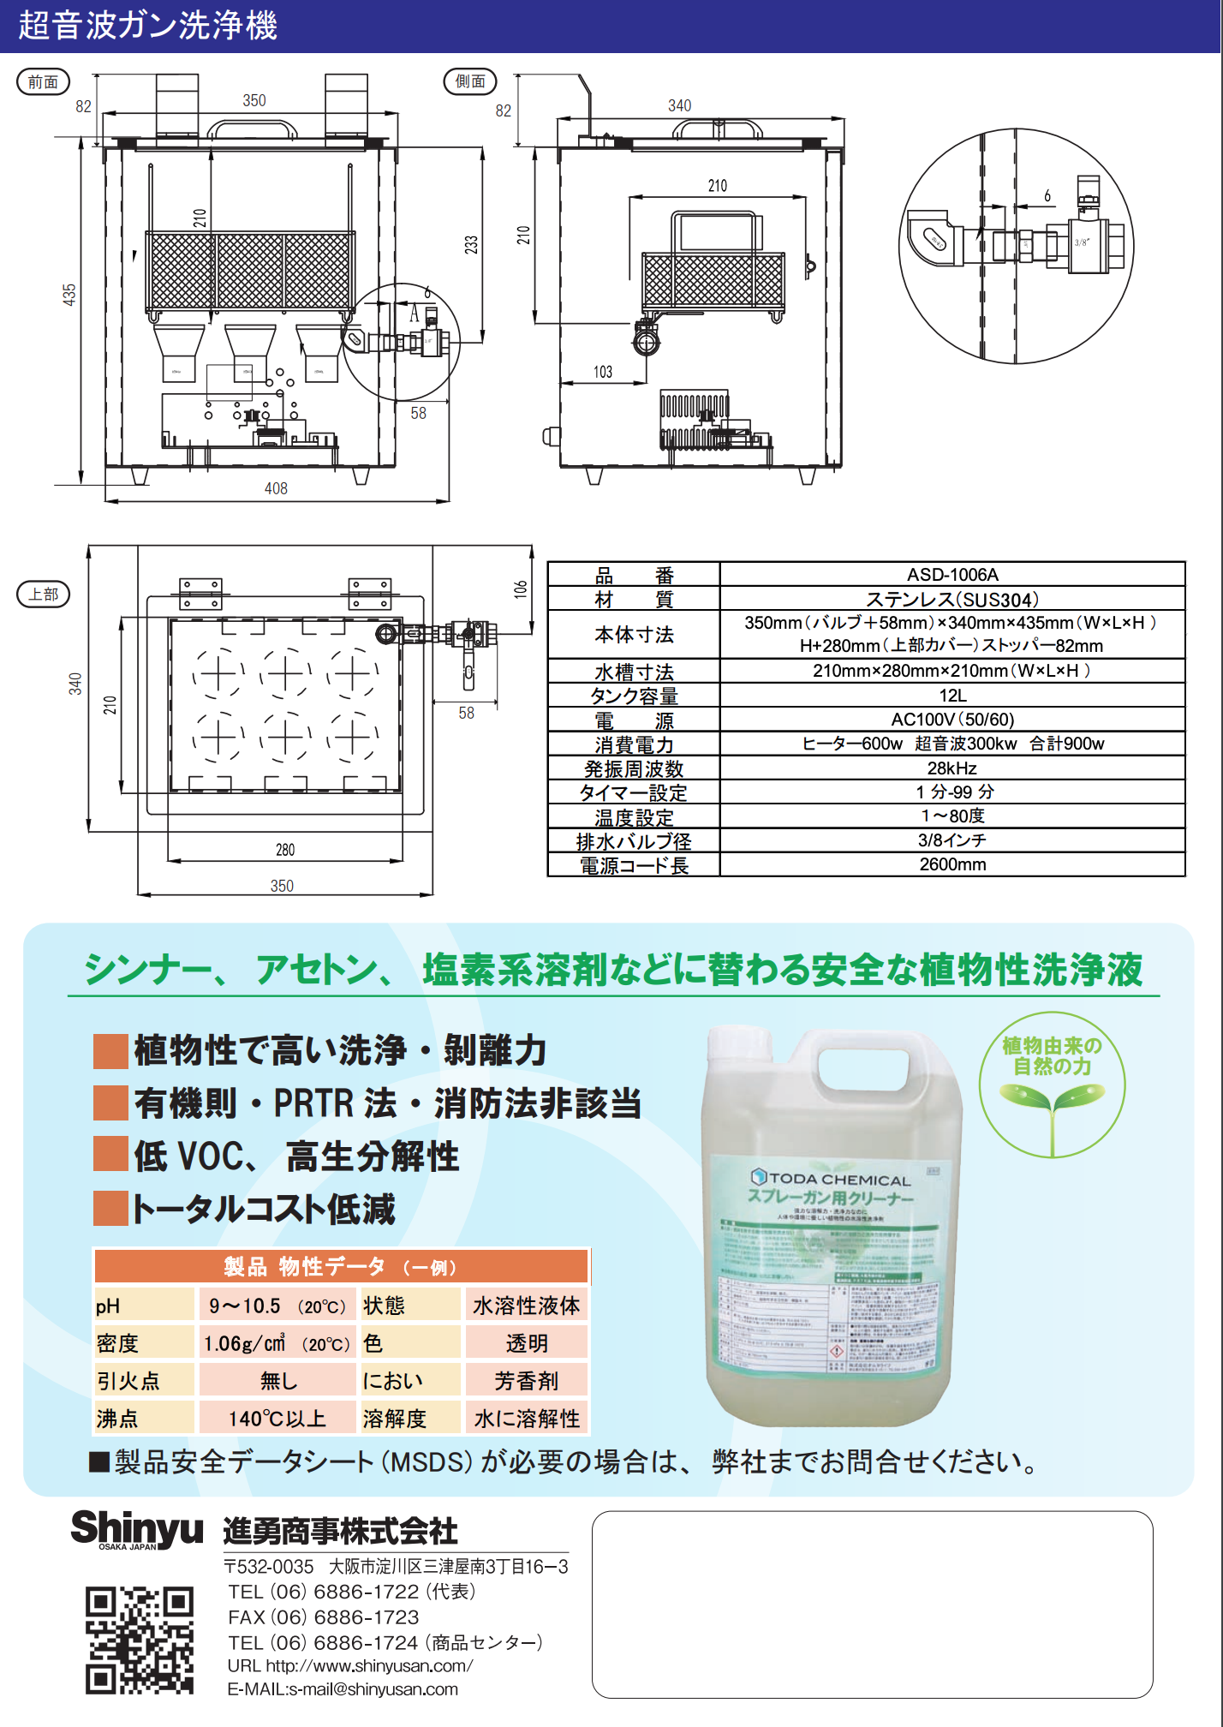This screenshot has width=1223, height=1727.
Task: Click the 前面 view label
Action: [x=43, y=82]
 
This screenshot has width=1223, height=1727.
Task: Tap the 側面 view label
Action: [x=469, y=81]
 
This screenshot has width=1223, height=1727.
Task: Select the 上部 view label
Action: [x=43, y=594]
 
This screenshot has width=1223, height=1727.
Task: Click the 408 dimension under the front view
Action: [x=276, y=488]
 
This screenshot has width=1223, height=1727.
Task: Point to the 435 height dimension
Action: [x=69, y=295]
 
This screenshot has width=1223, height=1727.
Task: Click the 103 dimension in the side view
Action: [x=603, y=372]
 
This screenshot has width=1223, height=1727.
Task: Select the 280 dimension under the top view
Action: [x=285, y=850]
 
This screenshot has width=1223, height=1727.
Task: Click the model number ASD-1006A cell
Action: [x=952, y=575]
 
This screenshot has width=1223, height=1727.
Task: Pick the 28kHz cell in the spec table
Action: [x=952, y=768]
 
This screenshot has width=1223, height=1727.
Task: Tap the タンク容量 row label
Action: [x=634, y=696]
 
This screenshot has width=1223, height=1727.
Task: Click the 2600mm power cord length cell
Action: [x=952, y=864]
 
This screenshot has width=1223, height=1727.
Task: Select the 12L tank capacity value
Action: [x=952, y=696]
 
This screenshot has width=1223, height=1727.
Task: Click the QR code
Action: [x=140, y=1640]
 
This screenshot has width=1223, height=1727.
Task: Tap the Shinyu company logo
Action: [x=137, y=1529]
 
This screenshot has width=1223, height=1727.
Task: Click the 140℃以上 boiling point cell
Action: [x=277, y=1419]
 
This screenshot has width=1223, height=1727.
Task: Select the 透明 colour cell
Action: [x=527, y=1343]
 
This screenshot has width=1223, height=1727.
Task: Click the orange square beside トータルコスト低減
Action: [x=110, y=1208]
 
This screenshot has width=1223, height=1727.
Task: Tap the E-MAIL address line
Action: [x=343, y=1689]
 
